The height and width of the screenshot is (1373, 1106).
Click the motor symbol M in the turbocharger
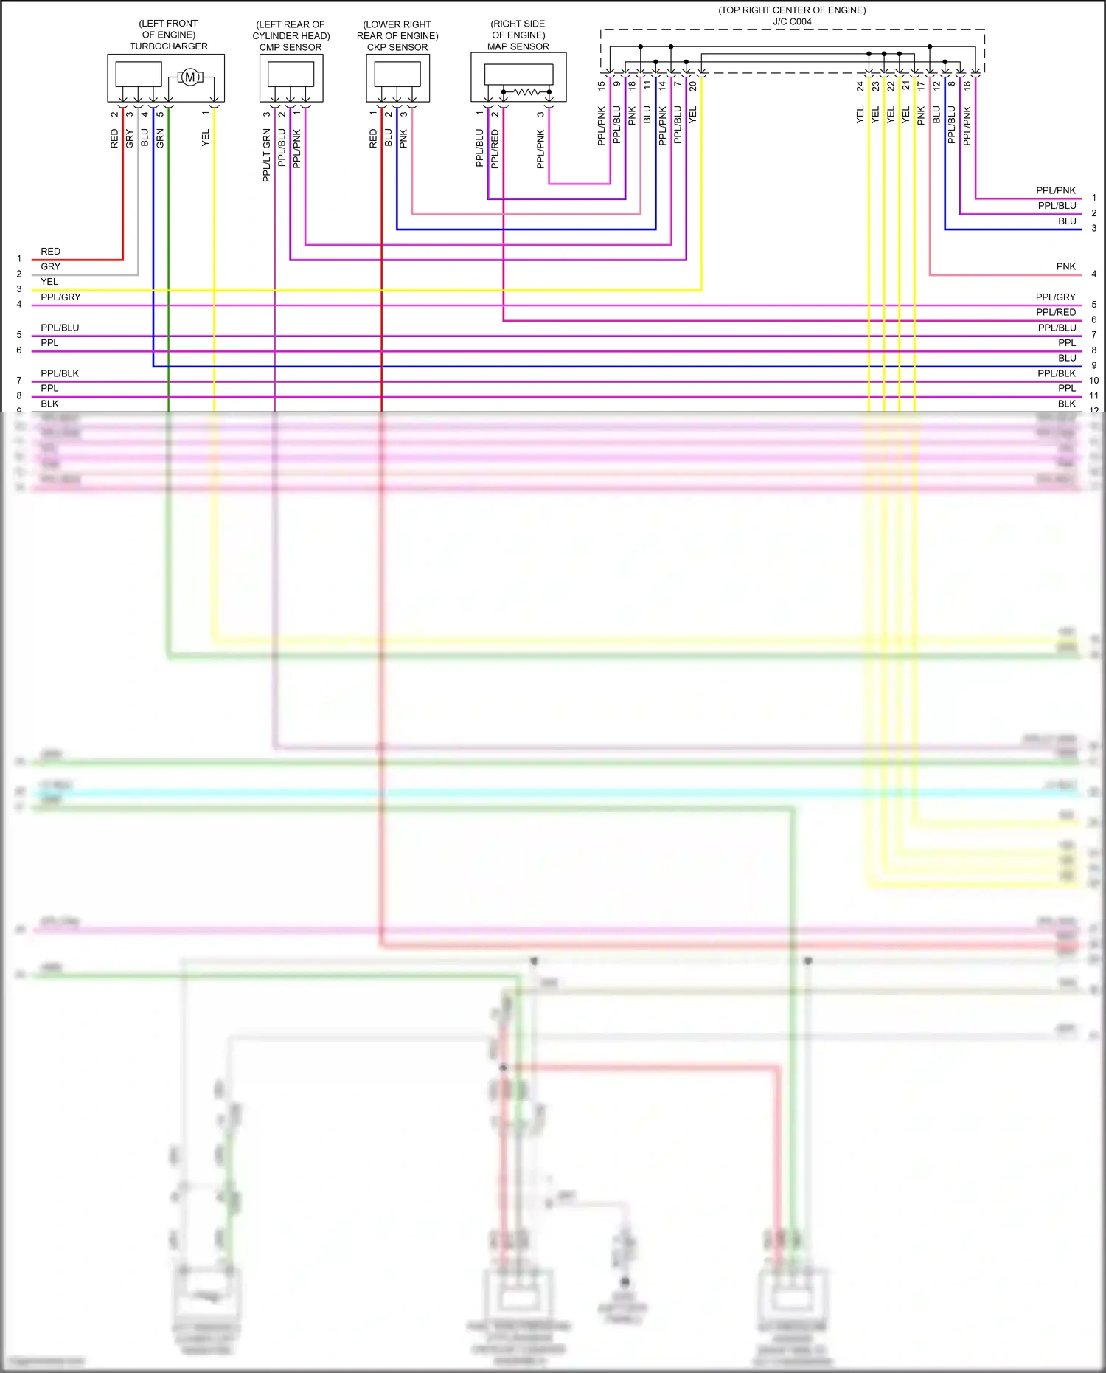tap(189, 77)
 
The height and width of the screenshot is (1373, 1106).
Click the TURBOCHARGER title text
tap(169, 46)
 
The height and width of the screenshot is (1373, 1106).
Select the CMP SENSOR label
tap(291, 47)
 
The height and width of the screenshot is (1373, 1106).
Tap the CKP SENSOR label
tap(397, 47)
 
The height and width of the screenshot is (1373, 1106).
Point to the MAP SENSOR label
tap(518, 46)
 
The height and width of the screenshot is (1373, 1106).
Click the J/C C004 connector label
tap(792, 21)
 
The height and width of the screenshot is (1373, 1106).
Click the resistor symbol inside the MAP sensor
tap(526, 91)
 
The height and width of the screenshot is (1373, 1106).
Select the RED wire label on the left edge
tap(50, 252)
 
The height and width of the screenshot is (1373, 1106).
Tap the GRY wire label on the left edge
tap(50, 266)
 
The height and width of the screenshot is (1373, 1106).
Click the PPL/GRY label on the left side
tap(60, 297)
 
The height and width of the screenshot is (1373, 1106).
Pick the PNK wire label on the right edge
tap(1065, 266)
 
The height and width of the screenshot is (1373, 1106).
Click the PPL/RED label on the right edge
tap(1055, 312)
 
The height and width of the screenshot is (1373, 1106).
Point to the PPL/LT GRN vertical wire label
tap(267, 156)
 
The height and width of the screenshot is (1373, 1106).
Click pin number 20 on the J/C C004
tap(693, 86)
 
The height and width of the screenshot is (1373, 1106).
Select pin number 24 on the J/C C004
tap(860, 86)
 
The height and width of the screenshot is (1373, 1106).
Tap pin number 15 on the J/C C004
tap(602, 86)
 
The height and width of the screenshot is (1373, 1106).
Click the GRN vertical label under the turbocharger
tap(160, 138)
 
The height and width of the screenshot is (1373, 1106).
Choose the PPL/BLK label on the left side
tap(60, 373)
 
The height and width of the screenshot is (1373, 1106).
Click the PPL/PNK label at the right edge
tap(1055, 190)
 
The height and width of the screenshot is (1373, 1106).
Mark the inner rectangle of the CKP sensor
tap(397, 74)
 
